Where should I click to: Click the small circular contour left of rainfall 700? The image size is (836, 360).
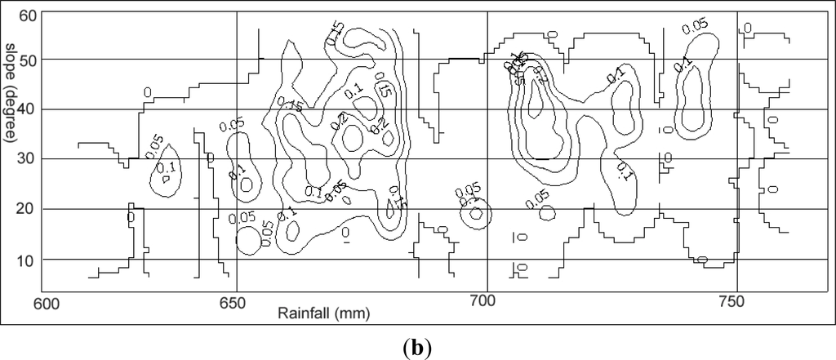476,214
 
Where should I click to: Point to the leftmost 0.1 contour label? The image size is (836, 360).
166,168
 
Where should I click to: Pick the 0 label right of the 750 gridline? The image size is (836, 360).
746,28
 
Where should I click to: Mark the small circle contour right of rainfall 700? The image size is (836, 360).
548,211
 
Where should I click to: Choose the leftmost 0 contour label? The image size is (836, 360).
131,218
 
